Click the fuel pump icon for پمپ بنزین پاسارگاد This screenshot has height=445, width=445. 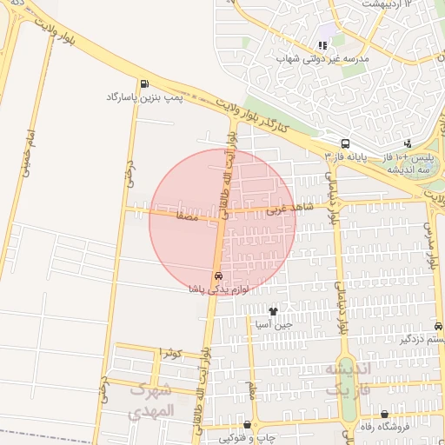[x=143, y=84]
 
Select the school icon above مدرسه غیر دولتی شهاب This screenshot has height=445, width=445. [x=323, y=45]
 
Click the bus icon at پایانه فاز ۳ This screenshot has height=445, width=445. [x=346, y=144]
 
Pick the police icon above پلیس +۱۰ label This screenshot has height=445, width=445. [x=408, y=143]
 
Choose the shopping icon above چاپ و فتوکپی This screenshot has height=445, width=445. [x=248, y=425]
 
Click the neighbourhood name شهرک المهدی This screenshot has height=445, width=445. [x=152, y=402]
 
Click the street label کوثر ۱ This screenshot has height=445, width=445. [x=170, y=354]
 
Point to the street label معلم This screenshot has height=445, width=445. [x=251, y=386]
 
